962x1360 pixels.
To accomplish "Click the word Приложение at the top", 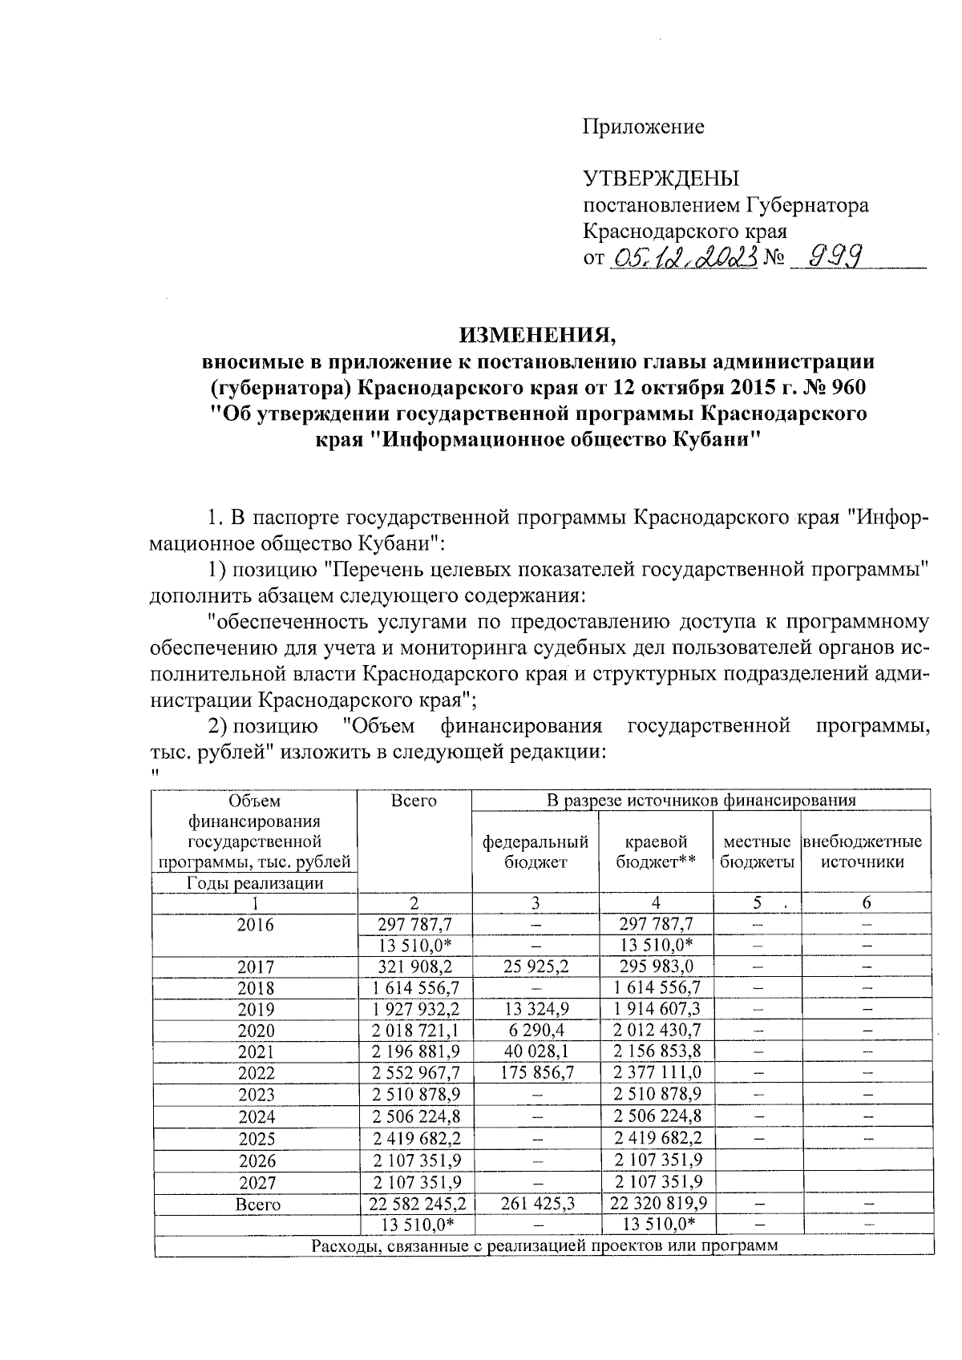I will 643,127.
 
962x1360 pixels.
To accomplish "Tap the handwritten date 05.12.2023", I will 684,258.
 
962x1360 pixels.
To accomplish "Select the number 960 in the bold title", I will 845,387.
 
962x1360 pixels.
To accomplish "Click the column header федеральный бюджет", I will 535,852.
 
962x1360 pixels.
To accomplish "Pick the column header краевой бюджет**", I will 656,852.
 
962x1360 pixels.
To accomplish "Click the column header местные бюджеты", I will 757,852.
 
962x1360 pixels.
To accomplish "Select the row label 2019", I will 255,1010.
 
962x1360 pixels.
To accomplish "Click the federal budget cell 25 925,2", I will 535,967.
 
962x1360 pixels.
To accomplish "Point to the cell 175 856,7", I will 535,1073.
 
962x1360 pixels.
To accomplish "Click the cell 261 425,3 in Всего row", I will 535,1203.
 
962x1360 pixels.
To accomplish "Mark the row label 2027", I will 255,1182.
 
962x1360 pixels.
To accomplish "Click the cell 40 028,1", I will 535,1051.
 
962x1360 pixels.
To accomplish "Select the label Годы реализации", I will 255,883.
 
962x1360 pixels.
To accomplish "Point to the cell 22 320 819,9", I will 656,1203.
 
